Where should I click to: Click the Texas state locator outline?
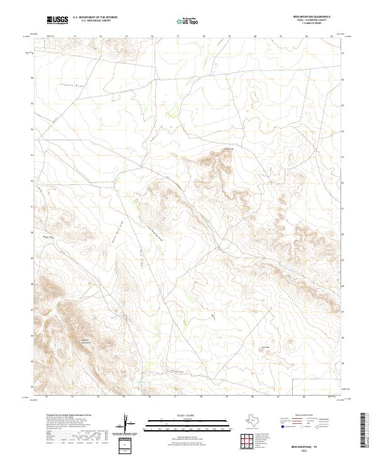tap(258, 421)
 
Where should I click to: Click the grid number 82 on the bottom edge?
tap(304, 397)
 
